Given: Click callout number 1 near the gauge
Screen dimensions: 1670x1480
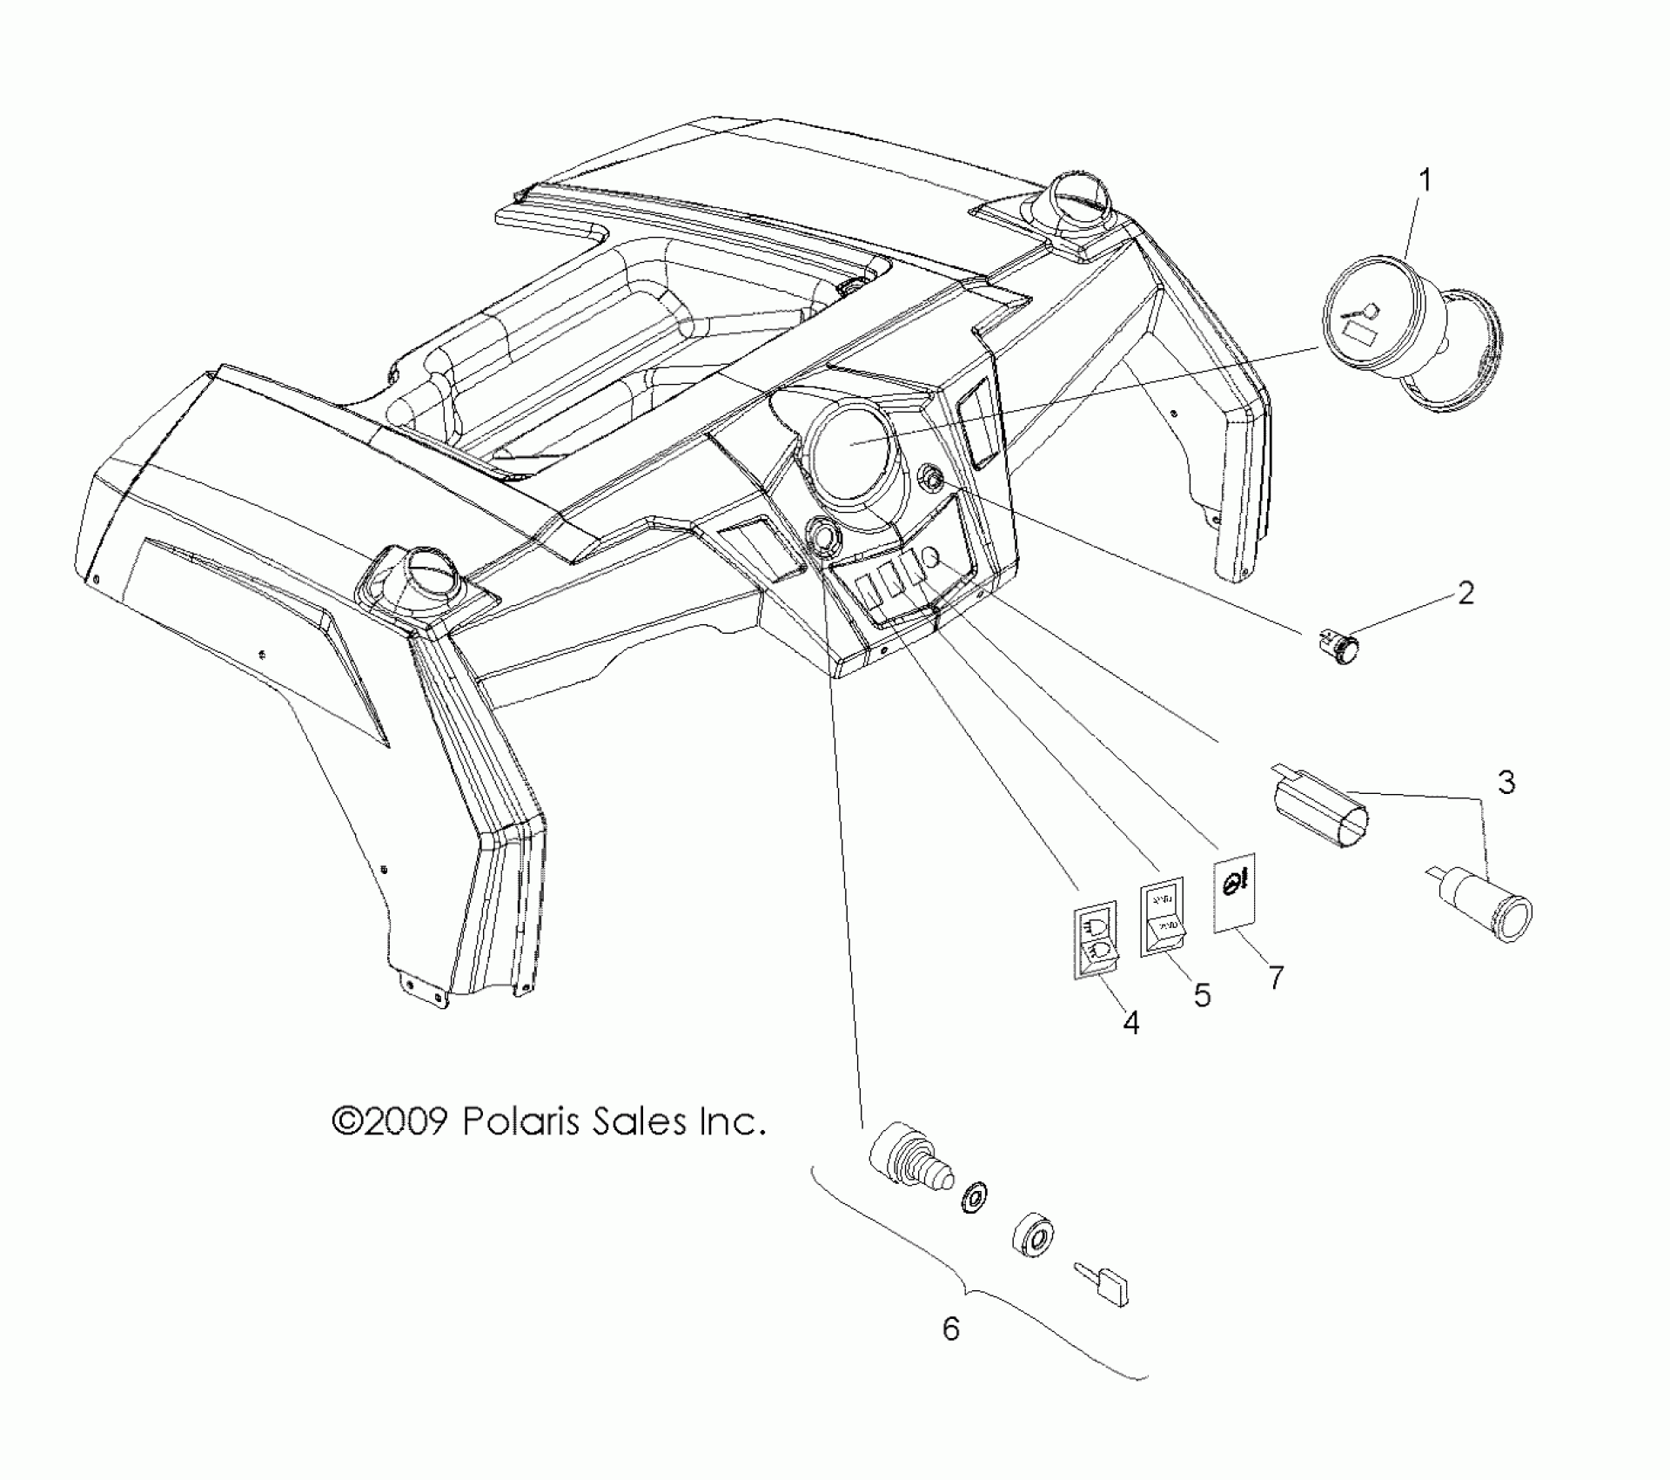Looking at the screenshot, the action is [1425, 182].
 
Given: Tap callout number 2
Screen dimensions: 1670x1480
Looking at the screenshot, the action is [1465, 594].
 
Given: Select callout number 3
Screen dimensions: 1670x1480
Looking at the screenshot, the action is [1506, 781].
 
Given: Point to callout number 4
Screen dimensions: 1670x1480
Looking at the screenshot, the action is [1130, 1023].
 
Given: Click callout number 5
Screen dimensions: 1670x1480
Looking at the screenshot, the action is [1202, 995].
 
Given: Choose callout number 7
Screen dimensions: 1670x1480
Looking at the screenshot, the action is [1275, 978].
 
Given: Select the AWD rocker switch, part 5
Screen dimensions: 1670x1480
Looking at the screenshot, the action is [1164, 918].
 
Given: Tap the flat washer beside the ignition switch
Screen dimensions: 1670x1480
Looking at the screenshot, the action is [973, 1199].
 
